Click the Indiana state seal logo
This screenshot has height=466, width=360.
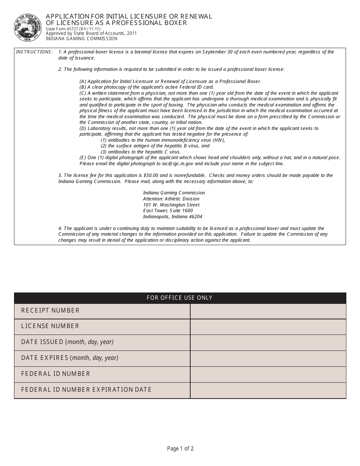(x=28, y=28)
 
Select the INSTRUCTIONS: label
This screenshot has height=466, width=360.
(x=34, y=52)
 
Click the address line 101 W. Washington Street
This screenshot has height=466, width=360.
(x=171, y=205)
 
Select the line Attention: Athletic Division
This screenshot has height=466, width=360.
(x=171, y=199)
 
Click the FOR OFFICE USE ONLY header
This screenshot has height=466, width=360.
(x=180, y=298)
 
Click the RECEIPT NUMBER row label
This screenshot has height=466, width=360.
(x=50, y=311)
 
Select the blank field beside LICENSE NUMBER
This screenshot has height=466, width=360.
(x=268, y=327)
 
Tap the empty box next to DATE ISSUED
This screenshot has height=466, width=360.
(x=268, y=342)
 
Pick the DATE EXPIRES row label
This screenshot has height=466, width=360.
(x=70, y=358)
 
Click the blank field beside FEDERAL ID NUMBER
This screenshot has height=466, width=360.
(x=268, y=374)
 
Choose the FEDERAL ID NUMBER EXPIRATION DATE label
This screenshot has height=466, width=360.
(x=86, y=390)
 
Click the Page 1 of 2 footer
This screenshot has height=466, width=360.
(x=180, y=449)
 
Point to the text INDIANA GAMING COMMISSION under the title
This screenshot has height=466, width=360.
(x=81, y=39)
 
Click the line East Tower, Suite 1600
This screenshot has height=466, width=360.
(x=168, y=211)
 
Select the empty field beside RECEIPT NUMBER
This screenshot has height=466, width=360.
(x=268, y=311)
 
